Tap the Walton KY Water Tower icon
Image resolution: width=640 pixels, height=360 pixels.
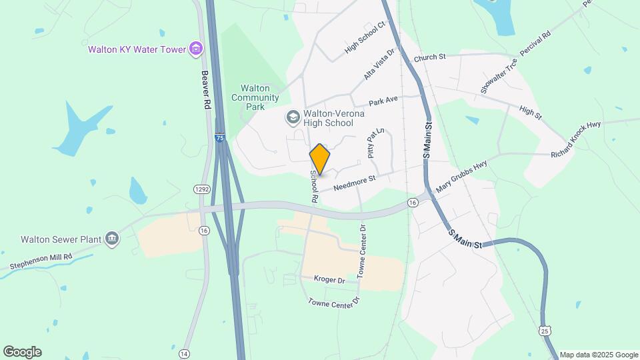[195, 49]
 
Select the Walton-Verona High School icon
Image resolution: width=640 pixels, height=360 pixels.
[292, 118]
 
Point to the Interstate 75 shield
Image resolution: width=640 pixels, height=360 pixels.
[220, 138]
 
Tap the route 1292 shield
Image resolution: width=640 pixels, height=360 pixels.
[202, 190]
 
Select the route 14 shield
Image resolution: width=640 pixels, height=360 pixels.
[185, 353]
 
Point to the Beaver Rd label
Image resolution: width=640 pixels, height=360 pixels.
[205, 90]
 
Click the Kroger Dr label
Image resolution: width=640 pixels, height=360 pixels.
[331, 280]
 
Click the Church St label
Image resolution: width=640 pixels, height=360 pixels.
[429, 58]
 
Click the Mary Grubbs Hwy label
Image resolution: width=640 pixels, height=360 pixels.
[461, 177]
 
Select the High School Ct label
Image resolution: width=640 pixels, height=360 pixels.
[365, 37]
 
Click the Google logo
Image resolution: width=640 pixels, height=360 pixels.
[22, 352]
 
